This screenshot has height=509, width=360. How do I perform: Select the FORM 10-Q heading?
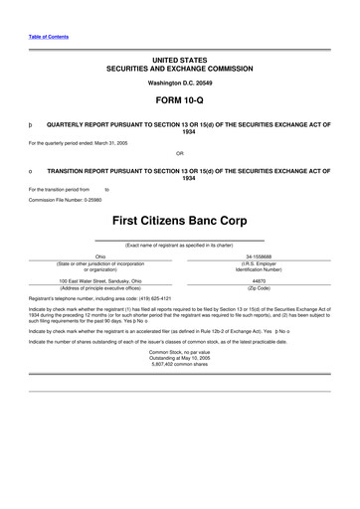tap(180, 101)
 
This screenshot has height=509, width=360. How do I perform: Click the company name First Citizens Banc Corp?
tap(180, 217)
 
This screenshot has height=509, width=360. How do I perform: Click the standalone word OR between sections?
tap(180, 154)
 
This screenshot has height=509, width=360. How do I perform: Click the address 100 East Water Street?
tap(86, 280)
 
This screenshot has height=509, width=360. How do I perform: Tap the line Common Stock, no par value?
tap(180, 352)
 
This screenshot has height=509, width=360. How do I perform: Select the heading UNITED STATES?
tap(180, 61)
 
